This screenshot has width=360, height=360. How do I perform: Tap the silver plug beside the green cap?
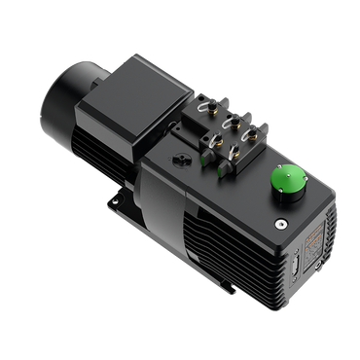coord(279,222)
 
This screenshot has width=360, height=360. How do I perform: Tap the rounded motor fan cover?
coord(63,107)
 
